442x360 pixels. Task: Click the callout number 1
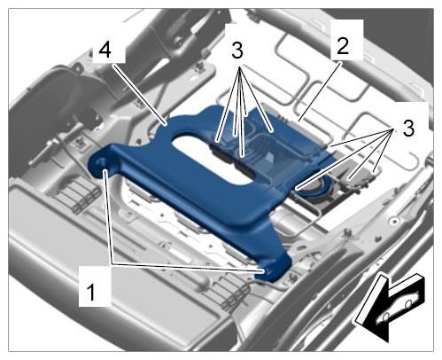(91, 292)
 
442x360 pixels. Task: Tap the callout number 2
(343, 46)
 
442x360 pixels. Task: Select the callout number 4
(105, 50)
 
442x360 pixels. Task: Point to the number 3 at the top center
(237, 51)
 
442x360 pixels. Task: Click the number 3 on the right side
(408, 129)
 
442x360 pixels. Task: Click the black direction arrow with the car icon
(390, 308)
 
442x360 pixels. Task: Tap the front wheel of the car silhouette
(385, 317)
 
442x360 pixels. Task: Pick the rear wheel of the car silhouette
(408, 303)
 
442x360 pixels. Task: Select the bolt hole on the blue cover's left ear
(100, 162)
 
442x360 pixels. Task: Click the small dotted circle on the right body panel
(395, 221)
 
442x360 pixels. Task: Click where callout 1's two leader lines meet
(112, 263)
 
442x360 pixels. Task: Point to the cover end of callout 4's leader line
(166, 124)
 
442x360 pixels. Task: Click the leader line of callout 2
(320, 91)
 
